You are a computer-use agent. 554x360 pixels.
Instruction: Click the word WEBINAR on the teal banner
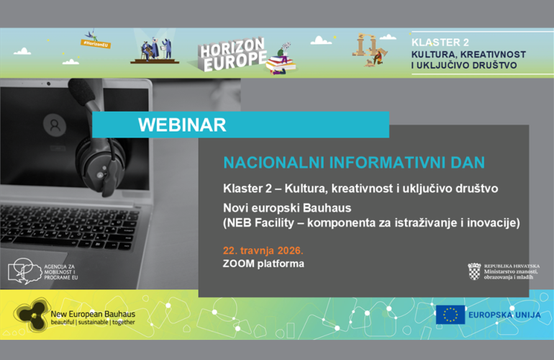[x=182, y=125]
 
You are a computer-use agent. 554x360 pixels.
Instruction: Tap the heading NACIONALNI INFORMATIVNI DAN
[x=354, y=159]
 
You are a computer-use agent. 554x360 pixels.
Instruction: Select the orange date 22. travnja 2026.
[x=263, y=250]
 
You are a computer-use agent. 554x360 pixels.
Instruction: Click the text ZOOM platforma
[x=263, y=264]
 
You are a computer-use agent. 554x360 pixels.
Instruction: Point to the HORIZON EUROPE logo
[x=232, y=53]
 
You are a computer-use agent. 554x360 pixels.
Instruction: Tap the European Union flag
[x=450, y=315]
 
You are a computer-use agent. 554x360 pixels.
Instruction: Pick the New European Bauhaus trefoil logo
[x=29, y=315]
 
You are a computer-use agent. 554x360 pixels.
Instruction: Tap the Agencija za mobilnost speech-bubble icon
[x=24, y=270]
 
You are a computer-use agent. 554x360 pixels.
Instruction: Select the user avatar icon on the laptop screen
[x=53, y=125]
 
